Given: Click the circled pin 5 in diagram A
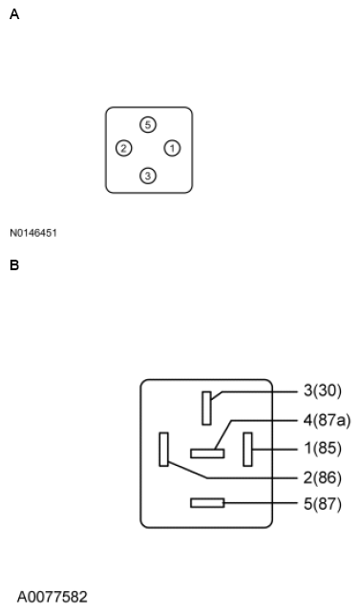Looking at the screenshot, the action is click(148, 125).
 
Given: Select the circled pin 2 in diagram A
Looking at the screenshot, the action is click(124, 148).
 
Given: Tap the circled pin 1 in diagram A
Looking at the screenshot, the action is click(172, 148).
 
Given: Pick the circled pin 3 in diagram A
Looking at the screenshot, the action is click(148, 176).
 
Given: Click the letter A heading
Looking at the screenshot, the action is click(14, 14).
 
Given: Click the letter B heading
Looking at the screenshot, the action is click(14, 265).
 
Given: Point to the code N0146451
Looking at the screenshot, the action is click(33, 233).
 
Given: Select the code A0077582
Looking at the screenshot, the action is click(52, 597).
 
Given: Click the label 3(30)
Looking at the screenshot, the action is click(323, 390).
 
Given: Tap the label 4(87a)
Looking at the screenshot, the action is click(327, 420).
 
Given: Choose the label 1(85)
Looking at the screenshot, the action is click(323, 448).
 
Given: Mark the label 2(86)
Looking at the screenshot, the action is click(323, 477).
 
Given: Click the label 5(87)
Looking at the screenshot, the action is click(323, 504).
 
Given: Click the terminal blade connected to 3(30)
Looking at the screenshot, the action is click(207, 408).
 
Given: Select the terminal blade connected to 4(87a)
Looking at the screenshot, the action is click(207, 454).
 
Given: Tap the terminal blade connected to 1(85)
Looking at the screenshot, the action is click(247, 449).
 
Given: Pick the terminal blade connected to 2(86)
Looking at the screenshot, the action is click(164, 449).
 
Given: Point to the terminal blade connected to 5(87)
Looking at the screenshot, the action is click(207, 503).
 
